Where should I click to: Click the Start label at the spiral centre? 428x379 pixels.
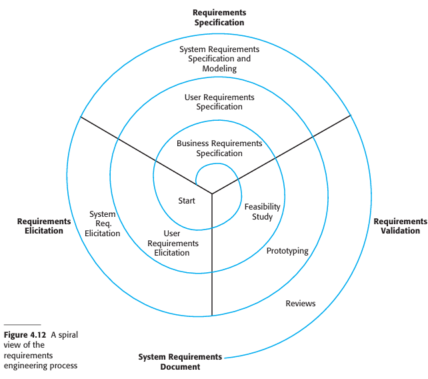coord(187,201)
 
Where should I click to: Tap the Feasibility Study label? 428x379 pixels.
coord(262,212)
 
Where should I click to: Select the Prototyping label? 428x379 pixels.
coord(287,251)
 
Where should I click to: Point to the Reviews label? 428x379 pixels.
coord(301,304)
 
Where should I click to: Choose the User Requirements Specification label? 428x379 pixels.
coord(219,102)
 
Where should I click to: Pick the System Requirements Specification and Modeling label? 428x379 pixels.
coord(219,59)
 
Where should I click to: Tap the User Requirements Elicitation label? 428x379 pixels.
coord(172,243)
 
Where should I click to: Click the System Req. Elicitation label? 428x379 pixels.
coord(103,224)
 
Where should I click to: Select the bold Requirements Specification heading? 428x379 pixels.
coord(219,17)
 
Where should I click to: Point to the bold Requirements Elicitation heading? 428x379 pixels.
coord(44,226)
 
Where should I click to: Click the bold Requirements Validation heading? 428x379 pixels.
coord(400,226)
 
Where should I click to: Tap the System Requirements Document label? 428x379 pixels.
coord(180,362)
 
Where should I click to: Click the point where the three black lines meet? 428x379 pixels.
coord(212,194)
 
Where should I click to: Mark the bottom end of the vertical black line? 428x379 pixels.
coord(212,316)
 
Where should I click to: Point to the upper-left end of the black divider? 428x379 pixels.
coord(81,117)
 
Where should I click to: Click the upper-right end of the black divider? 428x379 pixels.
coord(351,115)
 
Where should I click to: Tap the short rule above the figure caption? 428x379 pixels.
coord(22,325)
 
